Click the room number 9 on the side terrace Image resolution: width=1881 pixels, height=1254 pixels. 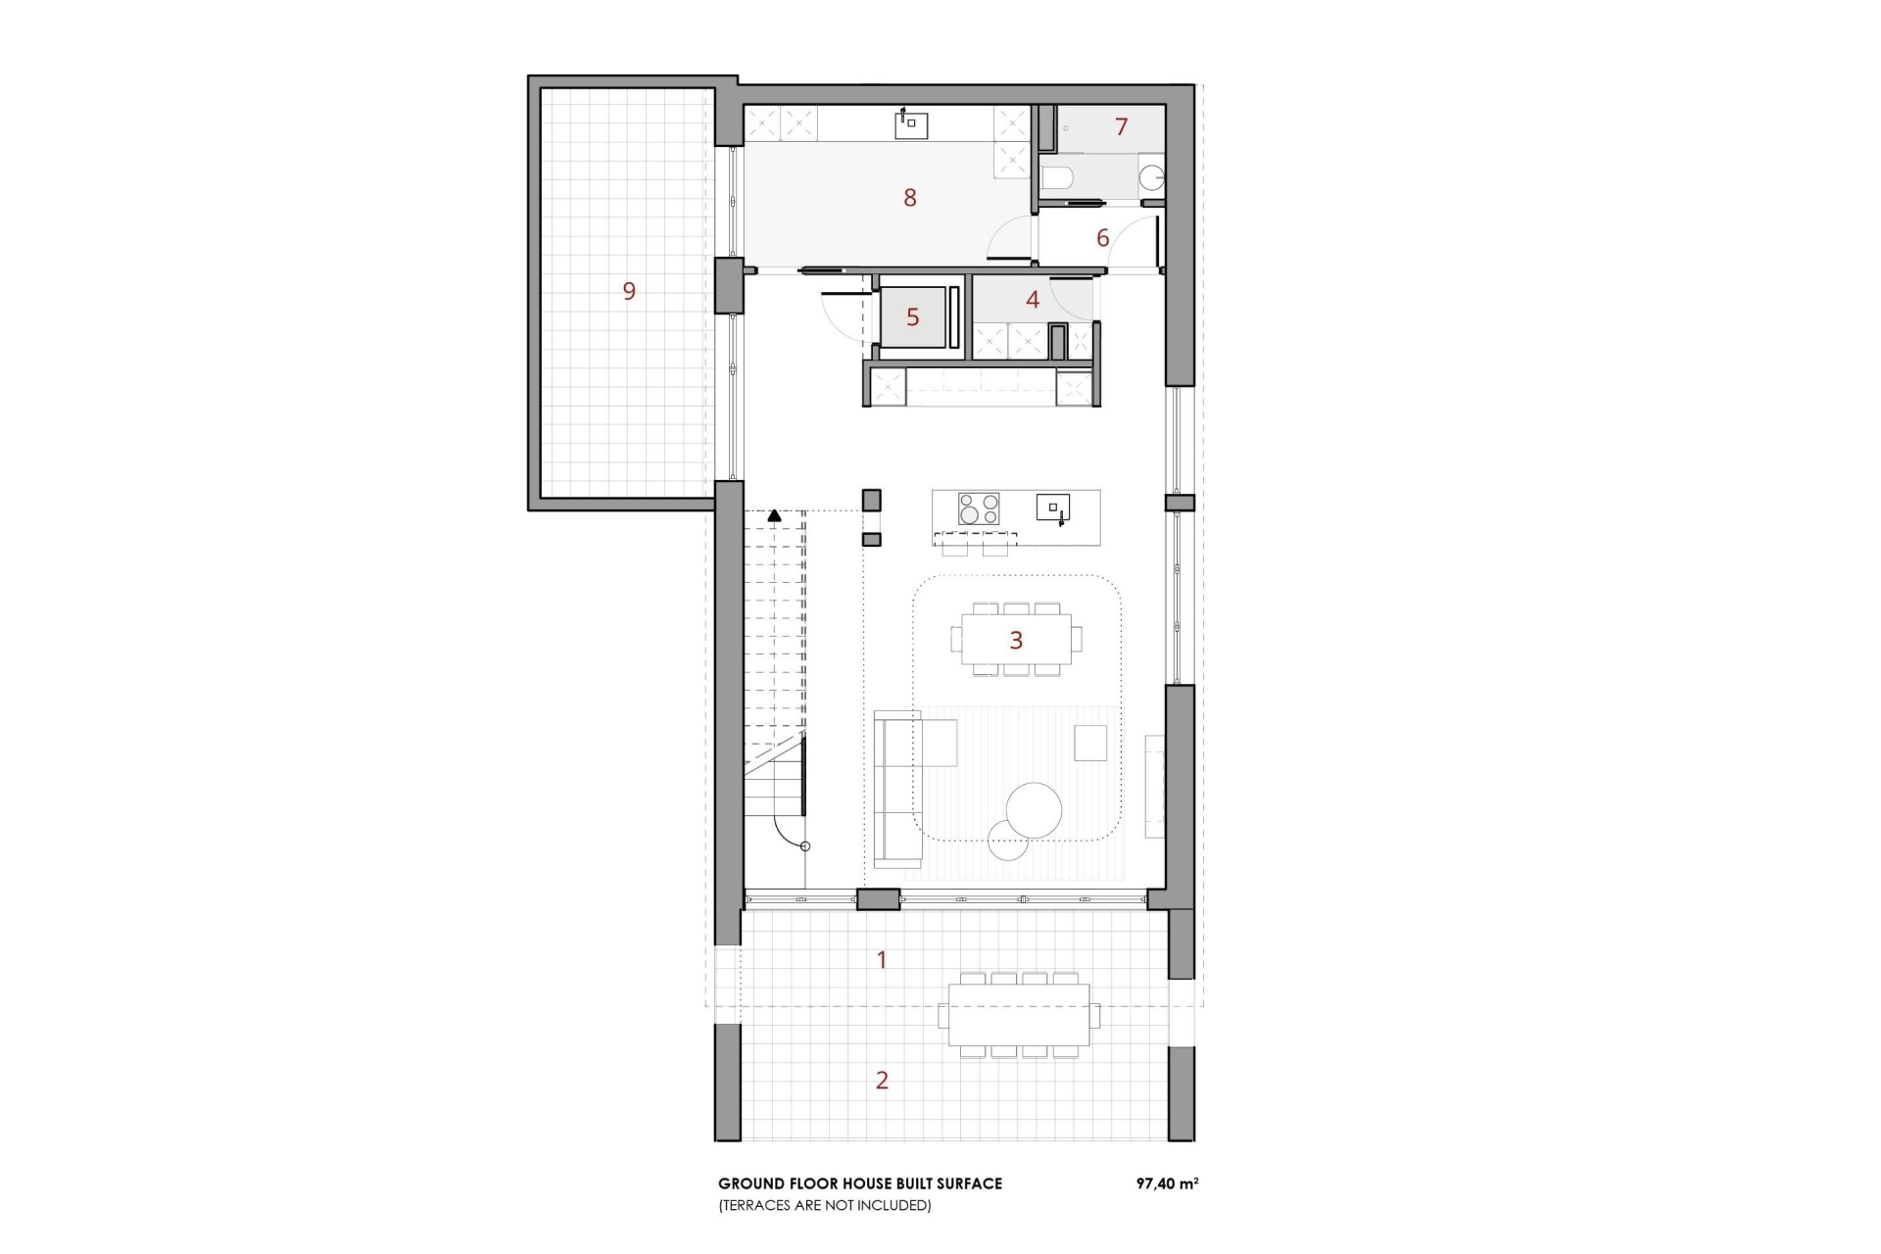629,291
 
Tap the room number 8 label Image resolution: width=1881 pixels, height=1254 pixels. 910,198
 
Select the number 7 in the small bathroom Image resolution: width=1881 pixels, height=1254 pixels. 1121,126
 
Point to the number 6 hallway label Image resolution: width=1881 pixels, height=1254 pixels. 1103,238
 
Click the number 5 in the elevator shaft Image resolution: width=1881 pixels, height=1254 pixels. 913,317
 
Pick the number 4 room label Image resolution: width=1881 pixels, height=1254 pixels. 1033,300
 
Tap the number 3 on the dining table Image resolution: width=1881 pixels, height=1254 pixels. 1016,641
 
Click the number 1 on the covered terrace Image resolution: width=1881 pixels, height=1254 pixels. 882,960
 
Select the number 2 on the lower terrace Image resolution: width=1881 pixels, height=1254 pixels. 882,1081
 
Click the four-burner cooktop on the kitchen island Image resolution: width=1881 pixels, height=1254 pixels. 979,508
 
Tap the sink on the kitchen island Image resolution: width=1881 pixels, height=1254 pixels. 1053,507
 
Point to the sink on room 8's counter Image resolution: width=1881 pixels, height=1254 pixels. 912,123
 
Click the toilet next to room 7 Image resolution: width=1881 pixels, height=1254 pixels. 1056,178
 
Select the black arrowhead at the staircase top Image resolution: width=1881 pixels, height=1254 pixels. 775,514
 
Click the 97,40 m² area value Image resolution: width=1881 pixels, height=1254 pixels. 1167,1183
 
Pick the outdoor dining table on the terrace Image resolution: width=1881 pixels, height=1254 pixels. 1019,1015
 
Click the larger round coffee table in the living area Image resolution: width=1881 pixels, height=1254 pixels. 1034,810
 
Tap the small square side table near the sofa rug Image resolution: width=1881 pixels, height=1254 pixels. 1090,743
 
